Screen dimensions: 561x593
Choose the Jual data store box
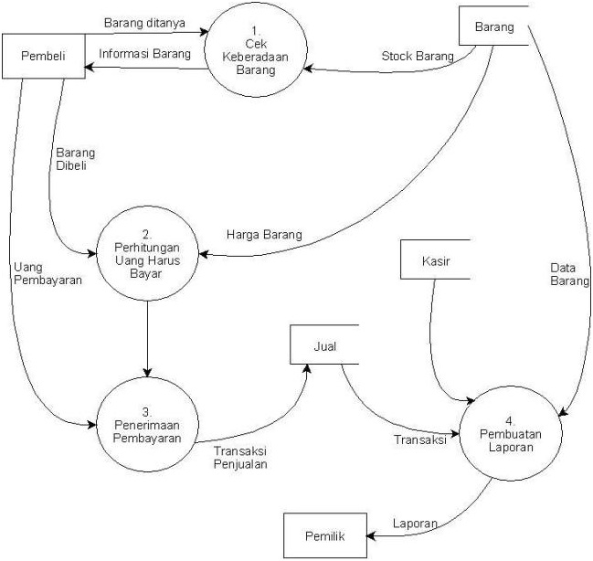323,346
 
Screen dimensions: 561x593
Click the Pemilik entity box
323,536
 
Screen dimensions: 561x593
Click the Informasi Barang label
144,53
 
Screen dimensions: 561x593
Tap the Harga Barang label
263,236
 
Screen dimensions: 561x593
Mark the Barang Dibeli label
75,160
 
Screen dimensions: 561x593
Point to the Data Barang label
569,275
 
